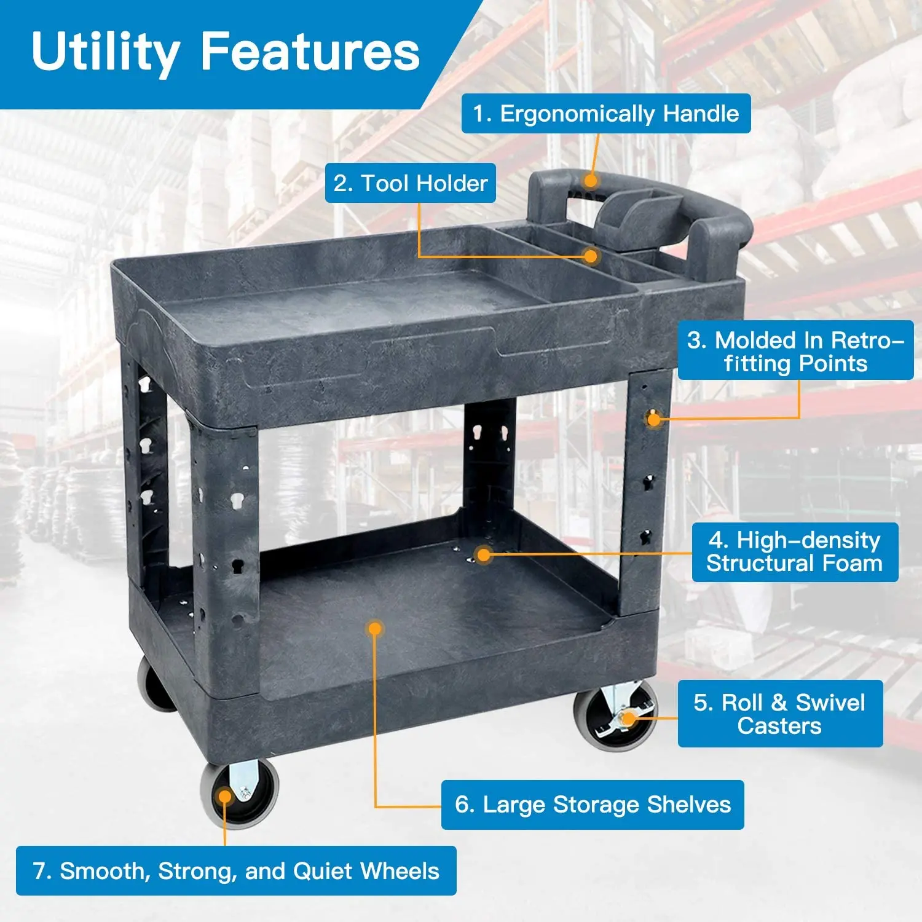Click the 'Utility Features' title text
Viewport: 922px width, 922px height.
pyautogui.click(x=226, y=52)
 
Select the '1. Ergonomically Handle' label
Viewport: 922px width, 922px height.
pyautogui.click(x=606, y=114)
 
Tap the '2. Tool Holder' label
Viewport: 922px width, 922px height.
pyautogui.click(x=410, y=183)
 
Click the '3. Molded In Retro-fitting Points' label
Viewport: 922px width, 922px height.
pyautogui.click(x=795, y=351)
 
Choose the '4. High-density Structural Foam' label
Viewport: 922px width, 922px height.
pyautogui.click(x=794, y=552)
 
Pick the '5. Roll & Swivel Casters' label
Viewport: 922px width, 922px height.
pyautogui.click(x=779, y=714)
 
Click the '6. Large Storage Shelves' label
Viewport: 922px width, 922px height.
pyautogui.click(x=593, y=805)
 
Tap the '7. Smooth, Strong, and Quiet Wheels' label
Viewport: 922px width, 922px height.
pyautogui.click(x=236, y=871)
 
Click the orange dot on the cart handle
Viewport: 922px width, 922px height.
pyautogui.click(x=591, y=181)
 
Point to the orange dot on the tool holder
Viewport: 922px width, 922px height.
pyautogui.click(x=591, y=256)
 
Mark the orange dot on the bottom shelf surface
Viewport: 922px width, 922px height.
pyautogui.click(x=375, y=628)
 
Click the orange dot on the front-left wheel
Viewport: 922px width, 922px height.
pyautogui.click(x=226, y=797)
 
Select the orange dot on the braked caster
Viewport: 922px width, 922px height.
pyautogui.click(x=628, y=718)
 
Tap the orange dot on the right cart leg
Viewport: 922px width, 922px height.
pyautogui.click(x=653, y=419)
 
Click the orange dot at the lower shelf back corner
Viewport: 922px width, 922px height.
pyautogui.click(x=484, y=555)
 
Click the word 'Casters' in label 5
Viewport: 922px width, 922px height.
pyautogui.click(x=779, y=726)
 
